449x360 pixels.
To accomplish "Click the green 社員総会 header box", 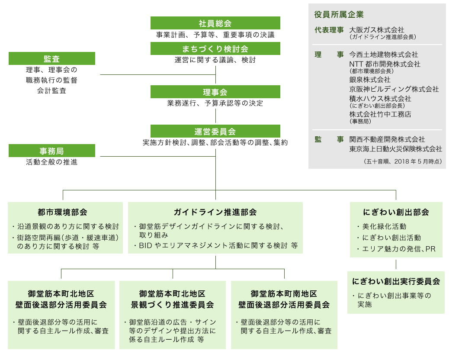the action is click(x=215, y=23).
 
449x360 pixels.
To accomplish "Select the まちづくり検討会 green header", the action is click(x=215, y=48).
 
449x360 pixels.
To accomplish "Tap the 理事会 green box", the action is click(x=215, y=92).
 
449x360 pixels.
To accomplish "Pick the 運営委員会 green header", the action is click(x=215, y=131).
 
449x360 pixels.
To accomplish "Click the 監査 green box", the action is click(x=52, y=58).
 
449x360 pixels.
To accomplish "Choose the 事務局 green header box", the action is click(x=52, y=151).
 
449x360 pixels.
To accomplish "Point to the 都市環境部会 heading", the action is click(x=62, y=212).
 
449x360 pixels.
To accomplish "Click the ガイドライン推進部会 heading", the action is click(x=215, y=212).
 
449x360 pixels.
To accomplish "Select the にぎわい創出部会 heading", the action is click(x=396, y=212).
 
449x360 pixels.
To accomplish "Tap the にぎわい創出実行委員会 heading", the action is click(x=396, y=281).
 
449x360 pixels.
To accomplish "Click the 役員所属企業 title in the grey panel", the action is click(x=339, y=15).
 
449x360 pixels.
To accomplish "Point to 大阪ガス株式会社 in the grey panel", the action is click(x=377, y=30).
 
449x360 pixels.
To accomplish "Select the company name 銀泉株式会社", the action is click(x=370, y=80).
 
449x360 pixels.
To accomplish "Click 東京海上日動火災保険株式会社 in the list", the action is click(x=396, y=149).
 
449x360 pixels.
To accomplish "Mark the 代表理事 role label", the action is click(x=329, y=30).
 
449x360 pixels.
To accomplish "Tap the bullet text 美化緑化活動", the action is click(x=384, y=227).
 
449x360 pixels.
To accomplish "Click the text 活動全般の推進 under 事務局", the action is click(x=52, y=162).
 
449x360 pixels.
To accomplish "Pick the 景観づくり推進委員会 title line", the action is click(x=173, y=305).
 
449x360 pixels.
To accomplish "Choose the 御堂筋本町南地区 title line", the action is click(x=284, y=294).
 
